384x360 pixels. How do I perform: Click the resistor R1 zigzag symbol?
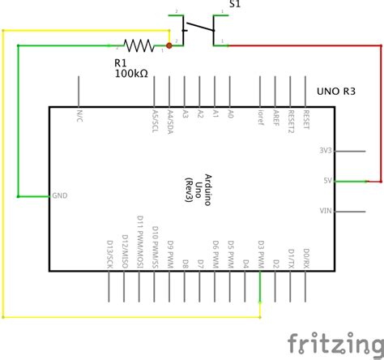138,45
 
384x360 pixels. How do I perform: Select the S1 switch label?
234,5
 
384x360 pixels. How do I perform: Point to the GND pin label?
61,196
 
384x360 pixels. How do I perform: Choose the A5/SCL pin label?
155,118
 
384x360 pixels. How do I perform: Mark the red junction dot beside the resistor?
169,45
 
